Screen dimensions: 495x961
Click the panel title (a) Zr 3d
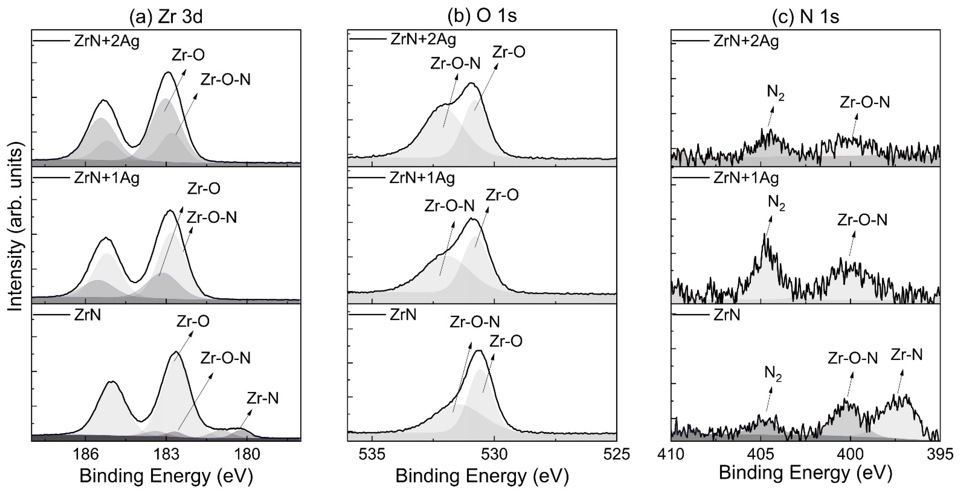tap(166, 17)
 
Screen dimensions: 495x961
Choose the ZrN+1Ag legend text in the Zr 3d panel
tap(107, 178)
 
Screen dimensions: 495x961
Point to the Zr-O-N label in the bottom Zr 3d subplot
tap(225, 358)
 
